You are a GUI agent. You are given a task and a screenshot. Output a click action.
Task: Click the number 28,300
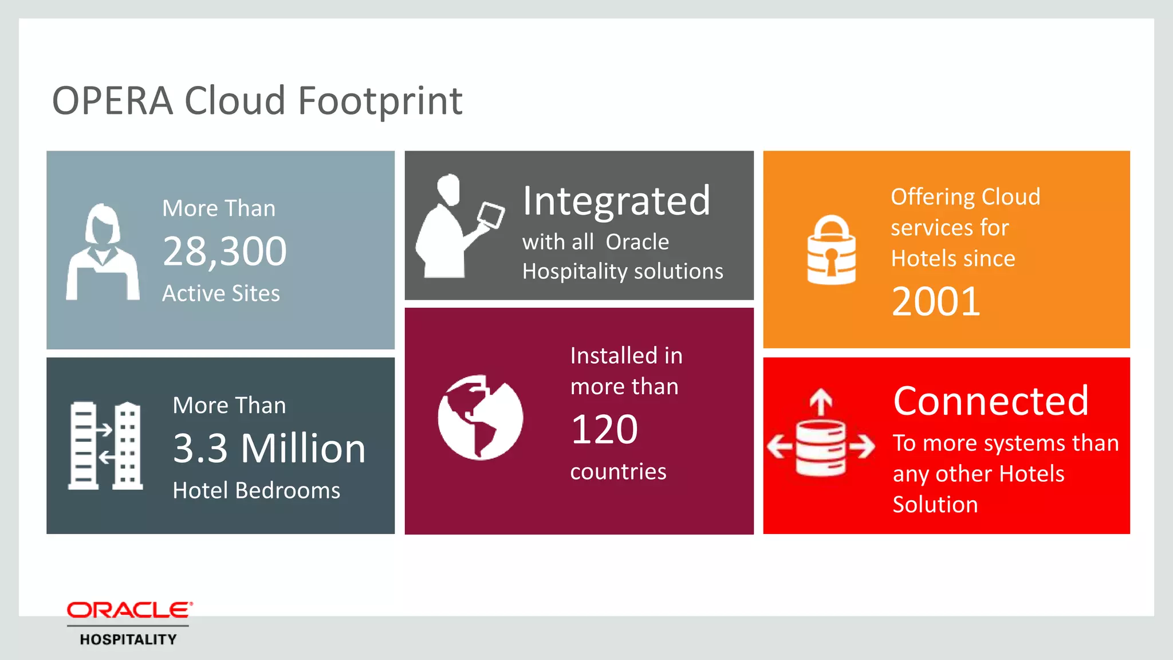tap(225, 251)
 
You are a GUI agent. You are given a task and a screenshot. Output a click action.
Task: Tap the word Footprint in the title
tap(380, 101)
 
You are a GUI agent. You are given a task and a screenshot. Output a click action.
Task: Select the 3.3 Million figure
tap(269, 448)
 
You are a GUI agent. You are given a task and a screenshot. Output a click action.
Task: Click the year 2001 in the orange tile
tap(936, 301)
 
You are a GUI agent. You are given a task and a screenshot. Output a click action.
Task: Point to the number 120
tap(604, 429)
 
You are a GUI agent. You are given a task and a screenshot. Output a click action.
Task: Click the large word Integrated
tap(616, 201)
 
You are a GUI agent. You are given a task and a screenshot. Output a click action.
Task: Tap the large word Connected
tap(990, 401)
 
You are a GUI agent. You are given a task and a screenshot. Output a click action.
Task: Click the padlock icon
tap(831, 250)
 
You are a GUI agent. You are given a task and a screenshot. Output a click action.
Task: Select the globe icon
tap(480, 417)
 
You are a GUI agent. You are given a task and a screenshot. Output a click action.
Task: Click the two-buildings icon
tap(105, 446)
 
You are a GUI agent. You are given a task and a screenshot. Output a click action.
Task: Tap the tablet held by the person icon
tap(491, 215)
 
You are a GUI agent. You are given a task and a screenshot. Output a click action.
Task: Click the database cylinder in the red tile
tap(821, 448)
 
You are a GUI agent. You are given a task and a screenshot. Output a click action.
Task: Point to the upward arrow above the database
tap(821, 402)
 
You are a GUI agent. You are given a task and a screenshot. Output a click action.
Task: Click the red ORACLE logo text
tap(129, 611)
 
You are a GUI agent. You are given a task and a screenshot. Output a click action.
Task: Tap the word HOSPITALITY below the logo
tap(128, 639)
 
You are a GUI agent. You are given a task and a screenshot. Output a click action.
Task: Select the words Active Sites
tap(221, 293)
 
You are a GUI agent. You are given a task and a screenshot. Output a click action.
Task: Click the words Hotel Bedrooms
tap(256, 490)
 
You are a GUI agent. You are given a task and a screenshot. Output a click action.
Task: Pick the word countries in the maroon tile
tap(618, 472)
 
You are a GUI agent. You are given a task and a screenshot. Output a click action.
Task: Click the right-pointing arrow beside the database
tap(862, 446)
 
